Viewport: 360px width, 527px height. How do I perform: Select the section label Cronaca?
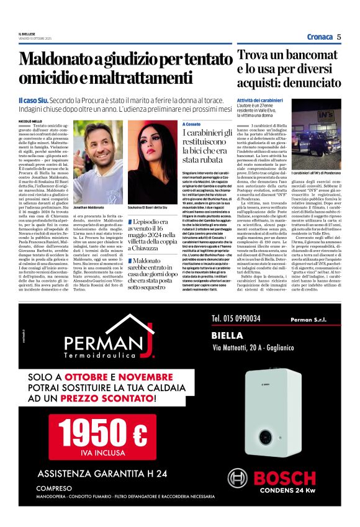320,37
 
